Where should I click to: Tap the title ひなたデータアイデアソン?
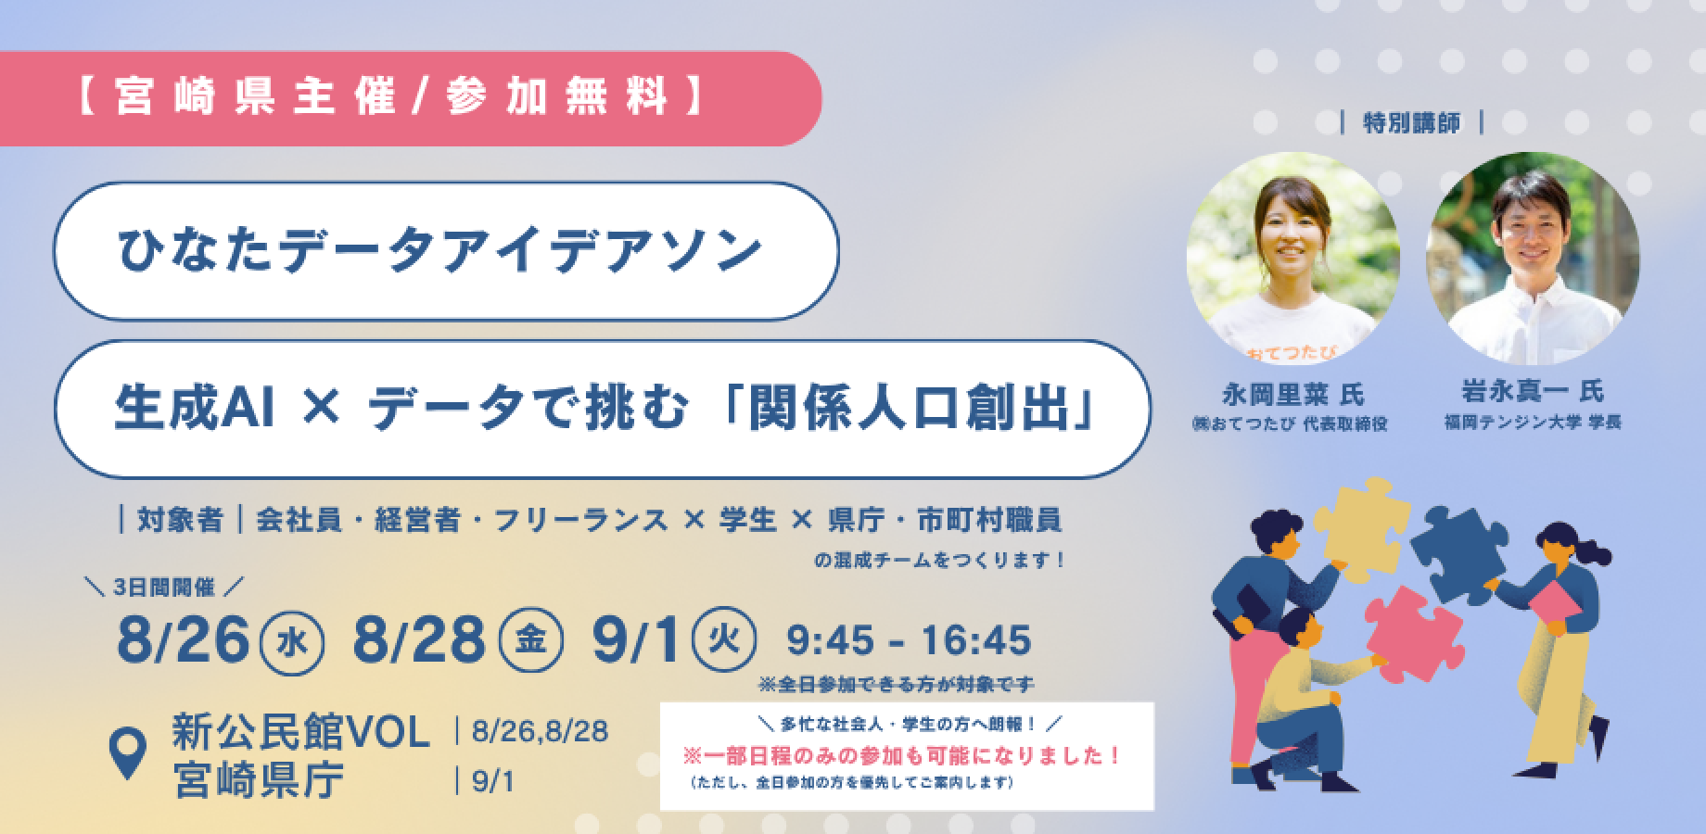(x=439, y=251)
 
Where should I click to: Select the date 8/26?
(x=185, y=640)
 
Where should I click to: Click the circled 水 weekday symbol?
(x=293, y=641)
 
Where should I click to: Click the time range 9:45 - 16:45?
(x=909, y=640)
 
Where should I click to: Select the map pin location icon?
(x=128, y=753)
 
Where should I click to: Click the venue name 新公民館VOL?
(x=301, y=735)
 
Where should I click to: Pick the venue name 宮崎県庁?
(x=258, y=782)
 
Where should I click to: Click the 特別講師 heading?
(x=1412, y=124)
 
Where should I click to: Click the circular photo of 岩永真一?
(x=1533, y=259)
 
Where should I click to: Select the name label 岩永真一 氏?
(x=1534, y=393)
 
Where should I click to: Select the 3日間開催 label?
(x=163, y=588)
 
